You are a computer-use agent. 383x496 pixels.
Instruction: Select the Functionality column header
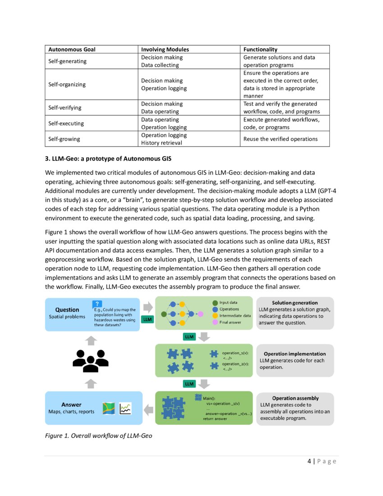tap(260, 49)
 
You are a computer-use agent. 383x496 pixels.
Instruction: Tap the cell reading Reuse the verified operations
tap(280, 139)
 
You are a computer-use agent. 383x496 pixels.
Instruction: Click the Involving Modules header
tap(165, 49)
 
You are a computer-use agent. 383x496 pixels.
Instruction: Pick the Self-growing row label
tap(64, 139)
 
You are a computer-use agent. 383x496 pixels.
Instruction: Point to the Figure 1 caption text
tap(95, 436)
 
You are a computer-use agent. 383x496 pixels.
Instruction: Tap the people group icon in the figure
tap(91, 361)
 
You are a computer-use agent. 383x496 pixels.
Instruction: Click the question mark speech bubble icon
tap(97, 304)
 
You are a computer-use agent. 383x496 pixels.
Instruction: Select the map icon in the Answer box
tap(109, 409)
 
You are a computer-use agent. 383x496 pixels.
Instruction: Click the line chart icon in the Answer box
tap(125, 409)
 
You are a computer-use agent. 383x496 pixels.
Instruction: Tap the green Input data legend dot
tap(215, 303)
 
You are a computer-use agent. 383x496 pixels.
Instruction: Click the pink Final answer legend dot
tap(215, 322)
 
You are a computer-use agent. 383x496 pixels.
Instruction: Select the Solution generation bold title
tap(295, 303)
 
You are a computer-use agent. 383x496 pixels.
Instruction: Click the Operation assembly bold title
tap(295, 398)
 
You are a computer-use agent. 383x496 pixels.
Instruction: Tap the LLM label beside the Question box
tap(147, 319)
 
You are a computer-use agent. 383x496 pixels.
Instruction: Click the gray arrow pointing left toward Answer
tap(148, 409)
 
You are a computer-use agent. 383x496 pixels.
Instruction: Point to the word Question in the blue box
tap(67, 310)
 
